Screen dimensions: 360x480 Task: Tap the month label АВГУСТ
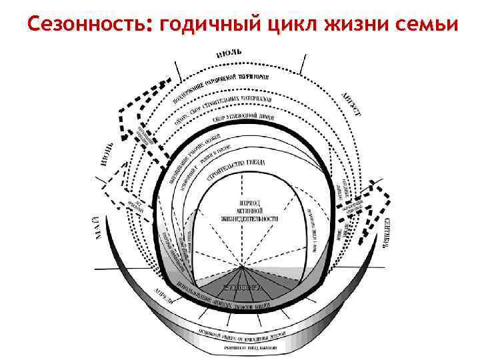351,105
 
